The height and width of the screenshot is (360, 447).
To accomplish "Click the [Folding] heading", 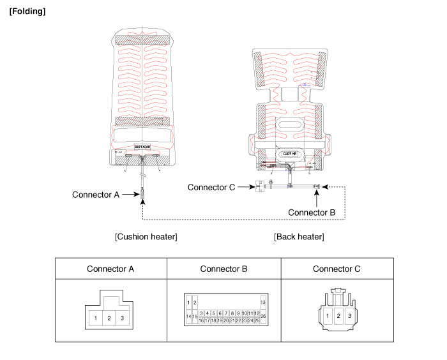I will pos(27,12).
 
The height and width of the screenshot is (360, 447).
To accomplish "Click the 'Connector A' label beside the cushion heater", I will pos(96,195).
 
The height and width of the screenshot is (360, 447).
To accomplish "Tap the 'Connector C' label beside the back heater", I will pos(211,187).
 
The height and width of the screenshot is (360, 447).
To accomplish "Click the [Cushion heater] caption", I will pos(146,237).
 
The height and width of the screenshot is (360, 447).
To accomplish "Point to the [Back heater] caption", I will pos(299,237).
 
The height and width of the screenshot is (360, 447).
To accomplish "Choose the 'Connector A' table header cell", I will pos(110,269).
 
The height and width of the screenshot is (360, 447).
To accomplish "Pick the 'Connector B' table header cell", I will pos(223,269).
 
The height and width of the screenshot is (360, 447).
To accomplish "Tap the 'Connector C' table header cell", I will pos(337,269).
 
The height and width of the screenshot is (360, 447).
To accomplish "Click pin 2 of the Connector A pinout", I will pos(109,318).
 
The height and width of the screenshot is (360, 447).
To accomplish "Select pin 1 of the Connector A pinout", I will pos(95,318).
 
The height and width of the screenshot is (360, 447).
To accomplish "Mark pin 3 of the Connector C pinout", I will pos(349,315).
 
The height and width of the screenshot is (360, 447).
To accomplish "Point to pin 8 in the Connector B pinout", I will pos(232,313).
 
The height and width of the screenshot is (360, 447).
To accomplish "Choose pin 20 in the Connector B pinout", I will pos(226,320).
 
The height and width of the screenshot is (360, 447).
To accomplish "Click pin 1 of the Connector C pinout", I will pos(326,315).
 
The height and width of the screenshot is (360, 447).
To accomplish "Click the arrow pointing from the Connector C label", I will pos(245,187).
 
